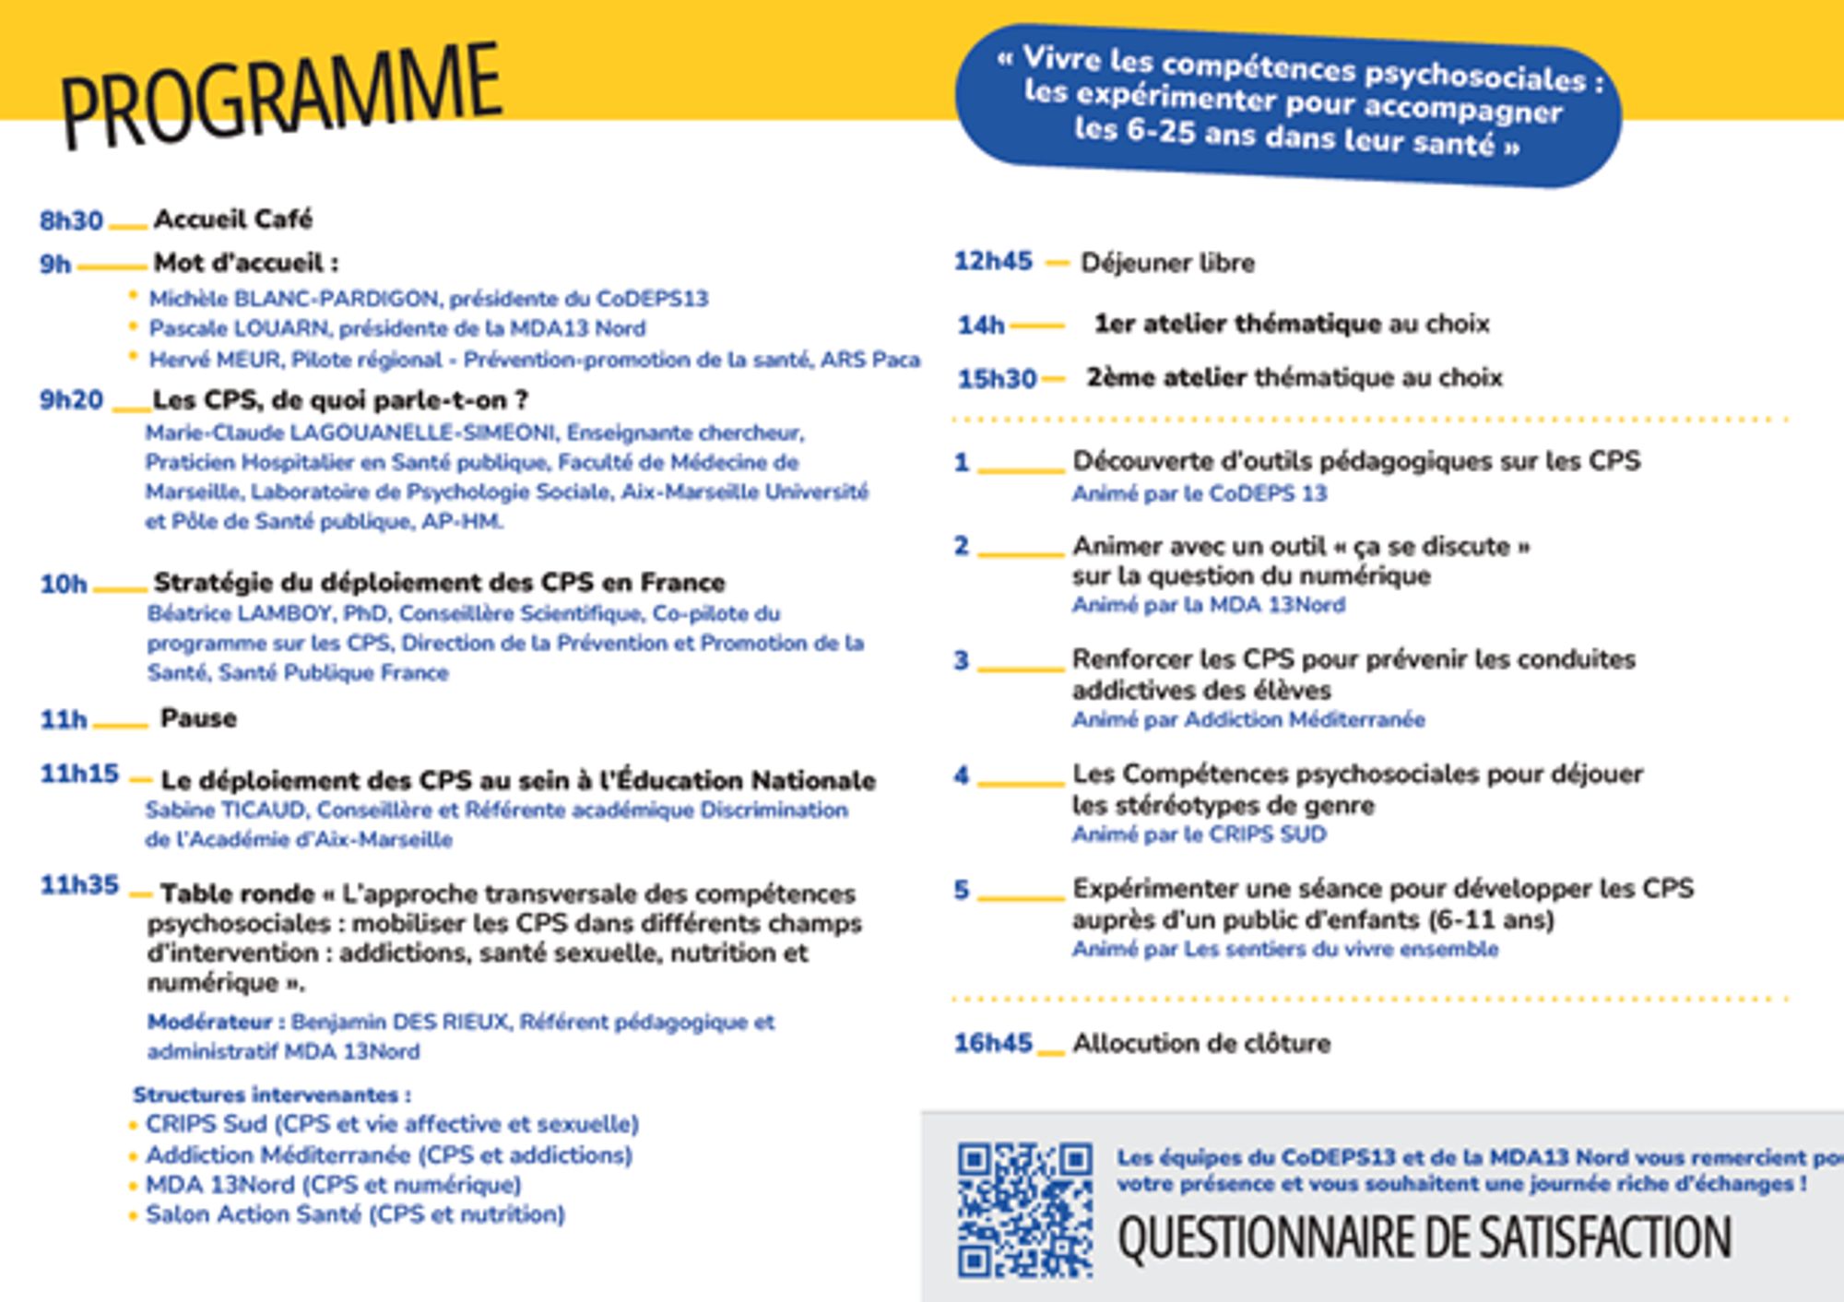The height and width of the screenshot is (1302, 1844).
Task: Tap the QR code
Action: (1023, 1211)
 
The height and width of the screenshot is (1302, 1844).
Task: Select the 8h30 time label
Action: (71, 221)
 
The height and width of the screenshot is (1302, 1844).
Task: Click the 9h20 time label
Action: (71, 400)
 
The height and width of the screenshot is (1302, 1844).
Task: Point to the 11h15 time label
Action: (79, 774)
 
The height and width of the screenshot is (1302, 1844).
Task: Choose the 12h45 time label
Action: (993, 262)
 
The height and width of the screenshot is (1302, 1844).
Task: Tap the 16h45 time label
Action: (993, 1043)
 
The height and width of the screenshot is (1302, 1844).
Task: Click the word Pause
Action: (198, 718)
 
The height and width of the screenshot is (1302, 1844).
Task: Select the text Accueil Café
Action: (233, 219)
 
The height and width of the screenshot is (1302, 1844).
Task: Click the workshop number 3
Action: (961, 660)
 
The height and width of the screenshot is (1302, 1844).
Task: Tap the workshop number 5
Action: (961, 890)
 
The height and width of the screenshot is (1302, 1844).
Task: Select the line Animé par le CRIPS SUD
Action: (1199, 834)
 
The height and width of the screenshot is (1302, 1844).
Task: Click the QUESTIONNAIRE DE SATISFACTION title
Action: (1424, 1237)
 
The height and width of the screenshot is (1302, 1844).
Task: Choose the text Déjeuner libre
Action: (1167, 263)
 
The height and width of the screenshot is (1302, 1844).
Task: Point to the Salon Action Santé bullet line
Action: (355, 1214)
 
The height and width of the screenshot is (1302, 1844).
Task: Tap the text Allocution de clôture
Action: (1201, 1044)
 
